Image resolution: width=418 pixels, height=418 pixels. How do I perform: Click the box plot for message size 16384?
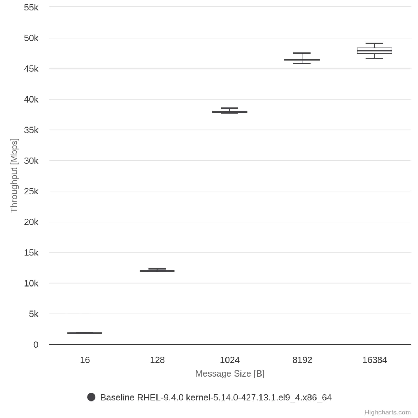click(x=374, y=50)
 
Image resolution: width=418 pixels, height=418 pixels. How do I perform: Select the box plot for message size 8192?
click(x=302, y=60)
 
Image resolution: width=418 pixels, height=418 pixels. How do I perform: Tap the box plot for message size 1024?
click(x=229, y=112)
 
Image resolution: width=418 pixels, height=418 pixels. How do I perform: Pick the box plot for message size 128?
click(x=157, y=271)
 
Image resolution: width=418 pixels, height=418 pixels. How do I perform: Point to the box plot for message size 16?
click(x=85, y=333)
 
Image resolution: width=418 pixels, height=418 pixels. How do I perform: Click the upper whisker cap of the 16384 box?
click(x=374, y=43)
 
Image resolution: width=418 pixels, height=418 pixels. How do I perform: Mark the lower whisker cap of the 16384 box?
click(x=374, y=58)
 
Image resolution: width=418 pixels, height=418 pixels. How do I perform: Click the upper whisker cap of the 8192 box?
click(x=302, y=53)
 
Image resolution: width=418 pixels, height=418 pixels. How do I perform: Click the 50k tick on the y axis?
click(x=31, y=38)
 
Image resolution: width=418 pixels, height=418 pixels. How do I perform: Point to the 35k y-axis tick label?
click(x=31, y=130)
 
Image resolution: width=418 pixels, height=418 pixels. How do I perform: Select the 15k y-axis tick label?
click(x=31, y=253)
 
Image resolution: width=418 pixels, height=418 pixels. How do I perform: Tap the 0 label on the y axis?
click(x=36, y=345)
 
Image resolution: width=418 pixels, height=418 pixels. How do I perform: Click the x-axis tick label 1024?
click(x=230, y=360)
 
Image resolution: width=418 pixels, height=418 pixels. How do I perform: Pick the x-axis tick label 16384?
click(x=374, y=360)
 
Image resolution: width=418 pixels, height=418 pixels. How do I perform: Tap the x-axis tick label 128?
click(x=157, y=360)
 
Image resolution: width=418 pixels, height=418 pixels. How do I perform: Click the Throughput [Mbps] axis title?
click(x=14, y=175)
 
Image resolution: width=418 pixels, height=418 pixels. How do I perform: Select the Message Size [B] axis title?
click(x=230, y=374)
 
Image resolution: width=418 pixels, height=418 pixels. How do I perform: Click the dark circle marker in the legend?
click(x=91, y=397)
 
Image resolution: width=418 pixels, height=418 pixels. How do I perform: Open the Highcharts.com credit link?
click(x=387, y=412)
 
